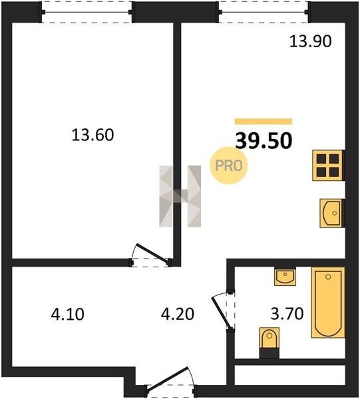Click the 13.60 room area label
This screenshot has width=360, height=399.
pyautogui.click(x=92, y=135)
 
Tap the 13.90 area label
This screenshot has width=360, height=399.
pyautogui.click(x=311, y=41)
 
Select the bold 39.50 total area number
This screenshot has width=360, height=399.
pyautogui.click(x=264, y=141)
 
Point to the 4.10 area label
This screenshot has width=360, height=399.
pyautogui.click(x=67, y=314)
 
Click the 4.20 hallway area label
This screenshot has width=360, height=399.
pyautogui.click(x=178, y=314)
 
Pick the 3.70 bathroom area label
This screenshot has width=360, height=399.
pyautogui.click(x=287, y=313)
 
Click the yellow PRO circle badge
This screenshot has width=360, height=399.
pyautogui.click(x=229, y=166)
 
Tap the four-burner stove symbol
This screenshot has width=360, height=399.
pyautogui.click(x=328, y=166)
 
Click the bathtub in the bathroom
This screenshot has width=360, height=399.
pyautogui.click(x=328, y=303)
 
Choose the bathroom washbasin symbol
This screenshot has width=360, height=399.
pyautogui.click(x=285, y=277)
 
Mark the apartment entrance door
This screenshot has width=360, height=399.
pyautogui.click(x=170, y=382)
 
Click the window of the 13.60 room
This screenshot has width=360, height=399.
pyautogui.click(x=87, y=12)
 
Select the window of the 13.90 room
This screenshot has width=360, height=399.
pyautogui.click(x=264, y=12)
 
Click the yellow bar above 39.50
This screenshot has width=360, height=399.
pyautogui.click(x=264, y=122)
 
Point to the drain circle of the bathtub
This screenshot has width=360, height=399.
pyautogui.click(x=328, y=277)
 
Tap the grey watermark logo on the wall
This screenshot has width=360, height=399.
pyautogui.click(x=180, y=196)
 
